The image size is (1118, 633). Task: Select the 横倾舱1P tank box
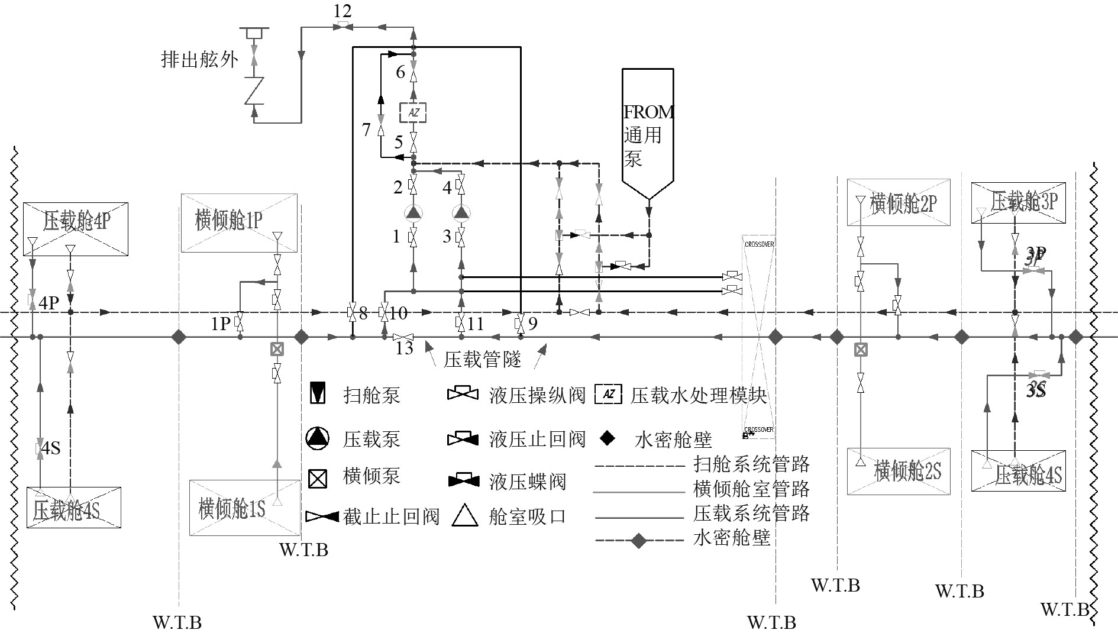coord(239,222)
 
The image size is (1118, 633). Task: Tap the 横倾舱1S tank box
coord(244,508)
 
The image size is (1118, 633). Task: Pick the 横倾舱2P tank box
coord(899,202)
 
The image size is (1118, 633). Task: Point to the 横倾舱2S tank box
coord(899,471)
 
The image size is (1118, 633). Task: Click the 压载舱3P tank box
coord(1018,202)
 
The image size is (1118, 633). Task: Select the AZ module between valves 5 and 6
coord(413,112)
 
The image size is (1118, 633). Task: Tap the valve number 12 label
coord(342,11)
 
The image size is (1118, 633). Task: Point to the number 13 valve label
coord(404,348)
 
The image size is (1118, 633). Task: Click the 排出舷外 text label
coord(200,59)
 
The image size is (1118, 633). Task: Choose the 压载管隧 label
coord(482,359)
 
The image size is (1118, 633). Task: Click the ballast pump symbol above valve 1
coord(413,212)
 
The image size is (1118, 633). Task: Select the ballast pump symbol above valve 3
coord(461,212)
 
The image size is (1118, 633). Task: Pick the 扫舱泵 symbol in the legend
coord(318,394)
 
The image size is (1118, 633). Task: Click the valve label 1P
coord(221,324)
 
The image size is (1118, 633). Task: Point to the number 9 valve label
coord(533,324)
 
